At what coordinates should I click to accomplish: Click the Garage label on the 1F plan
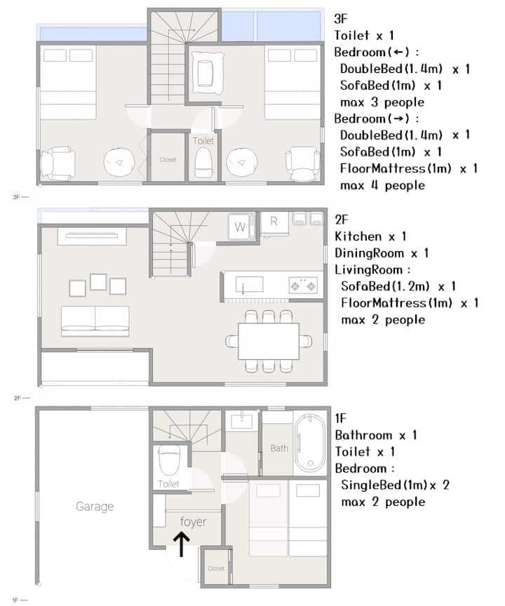(95, 506)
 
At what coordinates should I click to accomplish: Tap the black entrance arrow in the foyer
(181, 544)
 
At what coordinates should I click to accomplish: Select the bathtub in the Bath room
(310, 443)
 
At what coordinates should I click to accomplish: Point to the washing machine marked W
(240, 227)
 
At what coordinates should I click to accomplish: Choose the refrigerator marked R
(274, 223)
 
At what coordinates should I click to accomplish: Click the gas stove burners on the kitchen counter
(303, 285)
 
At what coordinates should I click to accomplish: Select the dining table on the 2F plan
(269, 342)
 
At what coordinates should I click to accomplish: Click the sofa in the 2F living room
(95, 321)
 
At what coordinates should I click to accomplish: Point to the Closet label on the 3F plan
(168, 160)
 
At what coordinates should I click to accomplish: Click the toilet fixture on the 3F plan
(203, 162)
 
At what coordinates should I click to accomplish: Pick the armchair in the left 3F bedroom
(58, 163)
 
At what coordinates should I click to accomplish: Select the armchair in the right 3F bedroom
(303, 164)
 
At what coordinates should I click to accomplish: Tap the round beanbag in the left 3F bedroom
(119, 163)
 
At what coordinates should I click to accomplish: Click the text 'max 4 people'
(382, 185)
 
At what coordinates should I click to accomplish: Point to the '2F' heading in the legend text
(342, 220)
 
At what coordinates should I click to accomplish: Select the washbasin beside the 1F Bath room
(242, 422)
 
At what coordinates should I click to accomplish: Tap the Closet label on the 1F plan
(215, 568)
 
